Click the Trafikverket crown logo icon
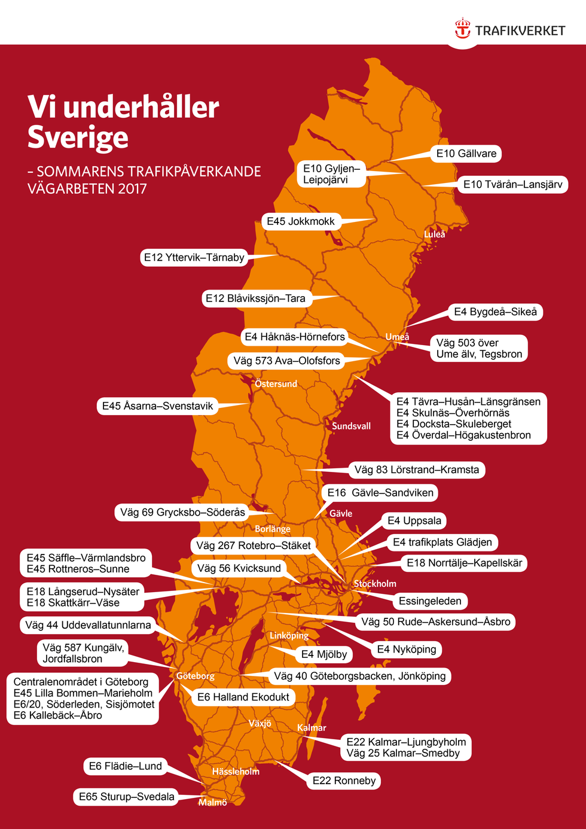[462, 29]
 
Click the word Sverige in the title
[78, 137]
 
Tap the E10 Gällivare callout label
[466, 154]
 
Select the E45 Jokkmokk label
[301, 221]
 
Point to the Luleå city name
[435, 234]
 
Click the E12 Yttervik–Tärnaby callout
[194, 258]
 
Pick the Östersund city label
[276, 384]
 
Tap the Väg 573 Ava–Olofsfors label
[286, 361]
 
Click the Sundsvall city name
[351, 426]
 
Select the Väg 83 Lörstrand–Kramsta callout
[416, 470]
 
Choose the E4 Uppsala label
[414, 521]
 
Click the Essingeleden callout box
[430, 601]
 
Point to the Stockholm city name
[375, 584]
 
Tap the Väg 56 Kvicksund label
[239, 568]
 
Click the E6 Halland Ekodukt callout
[243, 697]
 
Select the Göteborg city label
[195, 676]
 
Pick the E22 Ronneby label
[344, 781]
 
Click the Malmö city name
[213, 803]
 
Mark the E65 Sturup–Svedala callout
[126, 797]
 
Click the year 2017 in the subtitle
[133, 189]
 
